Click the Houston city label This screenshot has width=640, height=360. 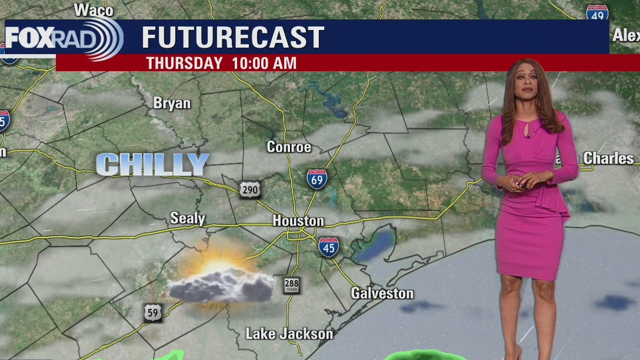pos(298,221)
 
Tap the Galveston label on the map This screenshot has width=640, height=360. pos(382,293)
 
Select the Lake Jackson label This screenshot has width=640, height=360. pos(289,334)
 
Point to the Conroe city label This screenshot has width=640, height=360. pos(289,147)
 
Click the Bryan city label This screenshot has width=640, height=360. pos(172,104)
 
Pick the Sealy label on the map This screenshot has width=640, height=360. pos(188,219)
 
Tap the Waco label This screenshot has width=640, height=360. pos(94,9)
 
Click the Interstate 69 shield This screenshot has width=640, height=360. pos(317,179)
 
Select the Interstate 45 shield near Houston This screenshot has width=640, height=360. pos(328,247)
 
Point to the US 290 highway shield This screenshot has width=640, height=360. pos(249,189)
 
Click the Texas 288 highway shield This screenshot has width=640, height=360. pos(292,285)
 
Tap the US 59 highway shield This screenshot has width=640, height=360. pos(153,313)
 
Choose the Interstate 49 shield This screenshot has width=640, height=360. pos(596,13)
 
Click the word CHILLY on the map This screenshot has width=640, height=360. pos(153,165)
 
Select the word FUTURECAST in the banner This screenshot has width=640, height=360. pos(233,38)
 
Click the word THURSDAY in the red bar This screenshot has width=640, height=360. pos(184,63)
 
